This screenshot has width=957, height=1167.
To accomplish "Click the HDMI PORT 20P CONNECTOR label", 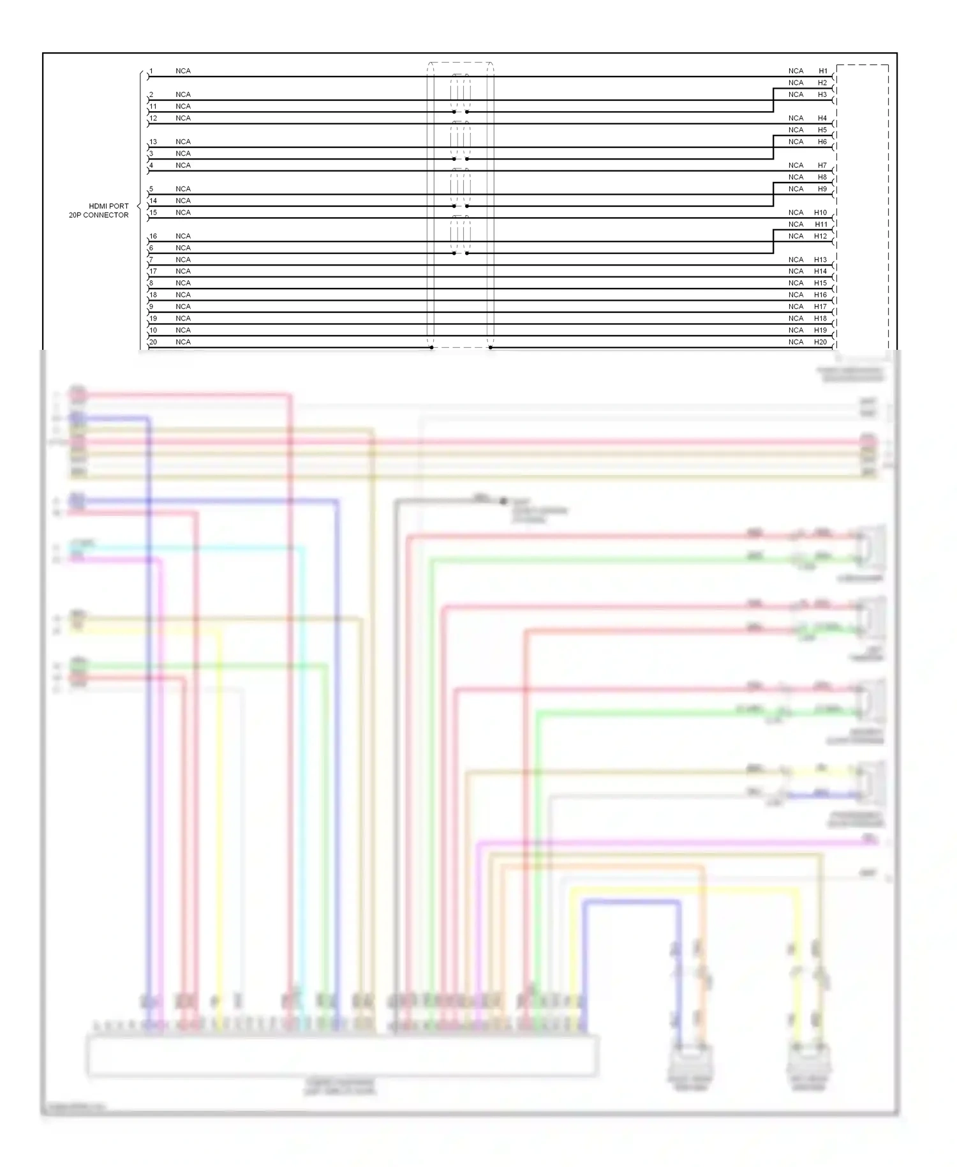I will pyautogui.click(x=99, y=211).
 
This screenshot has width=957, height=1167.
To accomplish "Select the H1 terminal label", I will pyautogui.click(x=823, y=71).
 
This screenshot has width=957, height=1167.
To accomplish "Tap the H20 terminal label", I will pyautogui.click(x=820, y=342).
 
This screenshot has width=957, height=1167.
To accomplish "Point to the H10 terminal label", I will pyautogui.click(x=820, y=213).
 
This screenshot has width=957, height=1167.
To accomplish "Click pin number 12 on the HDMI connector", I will pyautogui.click(x=153, y=118).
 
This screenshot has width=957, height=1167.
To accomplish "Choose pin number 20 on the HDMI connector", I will pyautogui.click(x=153, y=342).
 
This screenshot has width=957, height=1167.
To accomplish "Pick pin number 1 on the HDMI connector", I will pyautogui.click(x=151, y=71).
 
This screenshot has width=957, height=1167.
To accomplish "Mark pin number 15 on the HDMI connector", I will pyautogui.click(x=153, y=213).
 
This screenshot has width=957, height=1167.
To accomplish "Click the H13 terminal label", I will pyautogui.click(x=820, y=260).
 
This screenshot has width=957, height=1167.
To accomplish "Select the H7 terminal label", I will pyautogui.click(x=822, y=165).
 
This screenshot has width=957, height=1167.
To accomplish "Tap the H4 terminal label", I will pyautogui.click(x=822, y=118).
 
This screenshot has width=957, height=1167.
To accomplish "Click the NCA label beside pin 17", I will pyautogui.click(x=183, y=271).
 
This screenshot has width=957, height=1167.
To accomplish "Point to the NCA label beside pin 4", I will pyautogui.click(x=183, y=165).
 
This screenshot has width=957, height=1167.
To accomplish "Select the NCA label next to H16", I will pyautogui.click(x=796, y=295).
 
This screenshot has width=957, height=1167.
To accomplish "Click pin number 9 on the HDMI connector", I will pyautogui.click(x=151, y=306).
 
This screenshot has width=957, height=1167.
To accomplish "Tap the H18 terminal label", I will pyautogui.click(x=820, y=319).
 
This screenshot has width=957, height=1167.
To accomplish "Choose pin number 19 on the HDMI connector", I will pyautogui.click(x=153, y=319).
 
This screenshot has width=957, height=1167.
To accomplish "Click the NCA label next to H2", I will pyautogui.click(x=796, y=83).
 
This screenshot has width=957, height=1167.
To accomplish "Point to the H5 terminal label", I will pyautogui.click(x=822, y=130).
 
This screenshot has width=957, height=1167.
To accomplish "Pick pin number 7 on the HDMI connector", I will pyautogui.click(x=151, y=260).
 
